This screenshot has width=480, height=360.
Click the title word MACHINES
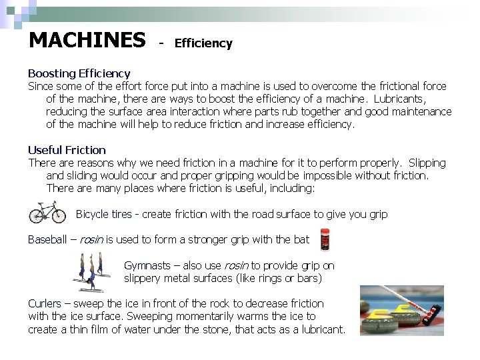tap(87, 41)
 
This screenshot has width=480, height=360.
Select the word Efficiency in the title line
tap(203, 43)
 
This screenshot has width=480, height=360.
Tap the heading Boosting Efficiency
tap(79, 73)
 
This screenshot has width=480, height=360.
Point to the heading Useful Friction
tap(67, 150)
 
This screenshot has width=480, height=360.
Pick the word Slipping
tap(427, 163)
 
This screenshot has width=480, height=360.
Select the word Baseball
tap(47, 239)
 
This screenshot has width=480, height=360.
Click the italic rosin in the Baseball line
tap(91, 239)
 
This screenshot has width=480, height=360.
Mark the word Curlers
tap(45, 303)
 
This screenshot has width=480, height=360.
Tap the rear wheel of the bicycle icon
tap(37, 215)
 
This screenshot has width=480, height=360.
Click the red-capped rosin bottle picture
tap(325, 239)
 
